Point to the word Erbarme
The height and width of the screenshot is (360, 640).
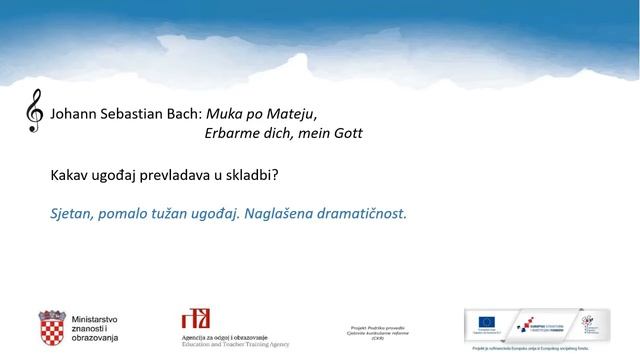pos(232,133)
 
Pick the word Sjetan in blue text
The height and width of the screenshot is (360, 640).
pos(73,213)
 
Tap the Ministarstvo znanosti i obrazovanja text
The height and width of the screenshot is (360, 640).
pos(95,328)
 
